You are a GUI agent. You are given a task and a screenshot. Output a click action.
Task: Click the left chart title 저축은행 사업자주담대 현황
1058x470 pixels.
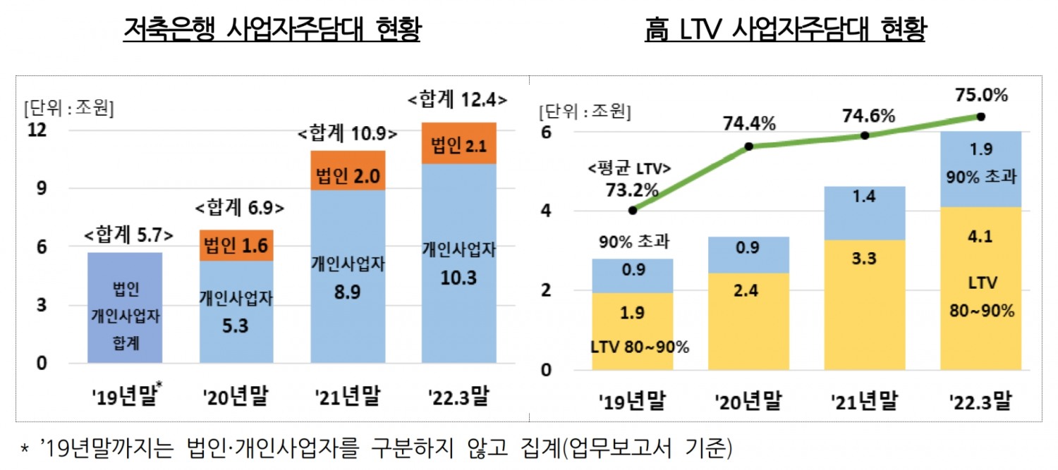[x=272, y=30]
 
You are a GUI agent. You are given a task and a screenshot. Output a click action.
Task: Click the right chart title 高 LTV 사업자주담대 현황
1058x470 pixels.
[x=784, y=30]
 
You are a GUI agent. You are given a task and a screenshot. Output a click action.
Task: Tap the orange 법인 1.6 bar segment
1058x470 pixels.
[x=235, y=245]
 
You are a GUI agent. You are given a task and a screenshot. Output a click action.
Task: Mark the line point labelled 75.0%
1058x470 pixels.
[x=980, y=116]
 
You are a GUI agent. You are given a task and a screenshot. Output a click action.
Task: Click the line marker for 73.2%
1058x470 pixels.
[x=633, y=210]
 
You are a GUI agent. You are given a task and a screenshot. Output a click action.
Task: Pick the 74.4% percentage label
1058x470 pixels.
[x=749, y=125]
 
